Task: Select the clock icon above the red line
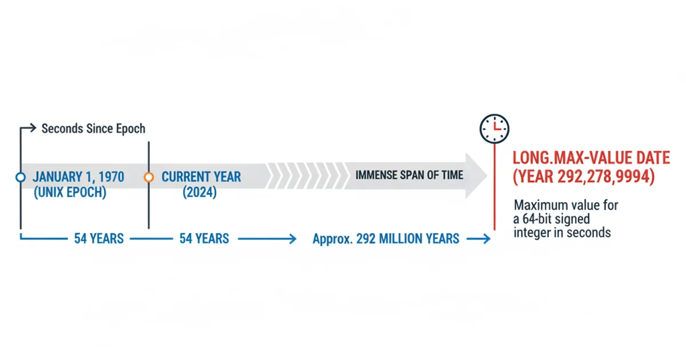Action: pos(494,129)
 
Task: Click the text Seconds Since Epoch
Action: pos(93,129)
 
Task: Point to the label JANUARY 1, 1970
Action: pos(78,177)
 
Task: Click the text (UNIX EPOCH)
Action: pos(70,192)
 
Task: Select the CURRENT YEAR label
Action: pos(201,177)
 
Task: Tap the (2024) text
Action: pos(200,192)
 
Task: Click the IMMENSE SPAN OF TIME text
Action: pos(409,175)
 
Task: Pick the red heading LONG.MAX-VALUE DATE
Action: pos(591,158)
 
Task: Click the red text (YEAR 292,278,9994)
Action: pos(584,177)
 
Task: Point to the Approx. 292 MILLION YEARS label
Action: pos(386,239)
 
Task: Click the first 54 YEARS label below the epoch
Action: pos(99,239)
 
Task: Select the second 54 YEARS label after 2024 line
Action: pos(204,239)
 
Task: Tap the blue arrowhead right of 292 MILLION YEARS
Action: pos(486,239)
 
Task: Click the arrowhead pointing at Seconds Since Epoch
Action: pos(33,127)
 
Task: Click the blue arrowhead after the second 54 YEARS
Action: pos(293,239)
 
